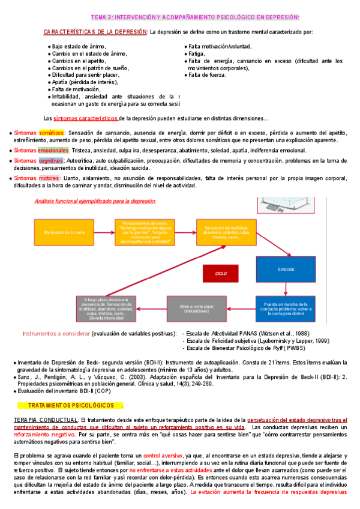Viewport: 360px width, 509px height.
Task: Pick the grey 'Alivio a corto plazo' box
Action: (183, 309)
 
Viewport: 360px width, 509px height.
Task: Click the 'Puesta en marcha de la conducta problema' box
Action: (286, 309)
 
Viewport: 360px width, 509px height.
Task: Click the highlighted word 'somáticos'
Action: (51, 133)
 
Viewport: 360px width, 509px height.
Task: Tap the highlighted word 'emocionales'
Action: (53, 149)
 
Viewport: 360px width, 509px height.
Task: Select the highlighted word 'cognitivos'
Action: (51, 161)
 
